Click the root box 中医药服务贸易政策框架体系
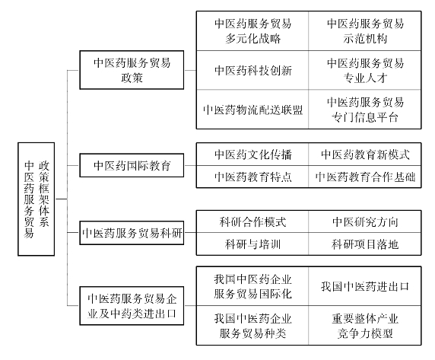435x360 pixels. tap(36, 199)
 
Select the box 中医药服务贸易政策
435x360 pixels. tap(132, 70)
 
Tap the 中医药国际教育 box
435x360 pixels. tap(132, 165)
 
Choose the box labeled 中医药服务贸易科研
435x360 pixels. tap(132, 233)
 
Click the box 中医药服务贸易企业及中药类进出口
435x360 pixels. tap(132, 306)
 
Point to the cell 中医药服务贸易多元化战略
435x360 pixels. tap(252, 30)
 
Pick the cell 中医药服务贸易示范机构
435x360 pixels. tap(365, 30)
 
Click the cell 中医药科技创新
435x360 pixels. tap(252, 70)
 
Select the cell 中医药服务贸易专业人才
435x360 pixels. tap(365, 70)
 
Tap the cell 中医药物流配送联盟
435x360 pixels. tap(252, 110)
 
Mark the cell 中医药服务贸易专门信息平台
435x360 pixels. tap(365, 110)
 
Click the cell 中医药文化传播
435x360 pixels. tap(252, 155)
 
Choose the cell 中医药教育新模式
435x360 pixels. tap(365, 155)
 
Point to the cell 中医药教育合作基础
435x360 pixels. tap(365, 177)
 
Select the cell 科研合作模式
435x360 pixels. tap(252, 221)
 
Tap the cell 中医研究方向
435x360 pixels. tap(365, 221)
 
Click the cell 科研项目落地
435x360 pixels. tap(365, 244)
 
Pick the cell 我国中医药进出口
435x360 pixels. tap(365, 286)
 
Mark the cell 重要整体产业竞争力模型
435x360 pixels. tap(365, 326)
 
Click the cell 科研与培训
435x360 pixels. tap(252, 244)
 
